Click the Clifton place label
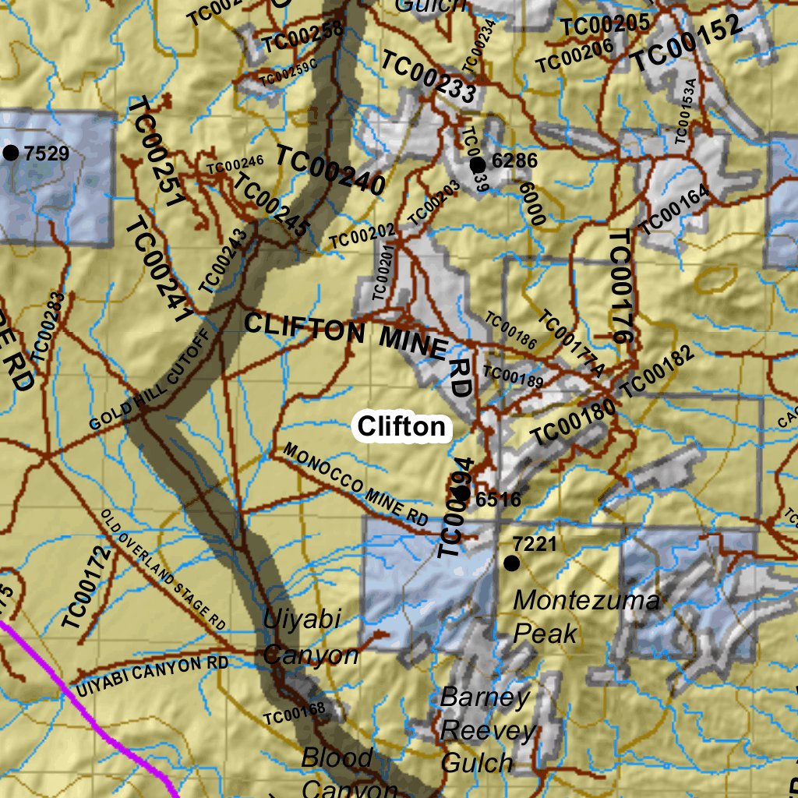(402, 426)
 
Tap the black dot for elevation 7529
(11, 153)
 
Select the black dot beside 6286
(478, 164)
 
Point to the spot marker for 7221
(512, 563)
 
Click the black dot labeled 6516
(461, 493)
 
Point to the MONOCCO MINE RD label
(355, 484)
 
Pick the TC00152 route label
(686, 44)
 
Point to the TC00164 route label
(675, 210)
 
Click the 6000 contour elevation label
(530, 203)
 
